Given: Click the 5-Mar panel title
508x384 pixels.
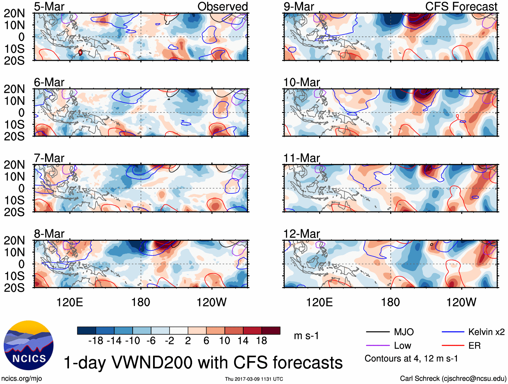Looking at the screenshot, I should click(x=49, y=7).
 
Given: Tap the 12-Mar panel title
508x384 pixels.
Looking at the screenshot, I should click(x=301, y=234).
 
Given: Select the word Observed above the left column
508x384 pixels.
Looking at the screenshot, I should click(x=222, y=7).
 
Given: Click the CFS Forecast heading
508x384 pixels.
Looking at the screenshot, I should click(x=461, y=7).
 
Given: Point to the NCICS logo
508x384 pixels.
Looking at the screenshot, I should click(x=29, y=345).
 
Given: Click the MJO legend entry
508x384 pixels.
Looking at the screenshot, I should click(x=404, y=332).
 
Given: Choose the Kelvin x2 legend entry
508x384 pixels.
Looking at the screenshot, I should click(x=486, y=332).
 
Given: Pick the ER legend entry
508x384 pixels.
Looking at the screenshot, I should click(x=474, y=346).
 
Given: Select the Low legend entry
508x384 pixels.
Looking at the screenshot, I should click(x=403, y=346).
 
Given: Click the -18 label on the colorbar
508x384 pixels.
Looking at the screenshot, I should click(x=96, y=341).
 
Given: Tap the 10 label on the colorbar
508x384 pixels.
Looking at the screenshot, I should click(x=224, y=341).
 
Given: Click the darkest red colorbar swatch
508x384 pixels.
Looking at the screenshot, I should click(x=271, y=331).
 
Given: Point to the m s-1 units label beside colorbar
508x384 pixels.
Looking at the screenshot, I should click(x=306, y=336).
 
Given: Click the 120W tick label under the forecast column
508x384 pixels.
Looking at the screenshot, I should click(x=461, y=302).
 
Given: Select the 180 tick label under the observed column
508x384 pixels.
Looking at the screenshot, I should click(x=141, y=302).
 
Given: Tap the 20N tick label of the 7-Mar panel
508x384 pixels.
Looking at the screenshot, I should click(x=14, y=165).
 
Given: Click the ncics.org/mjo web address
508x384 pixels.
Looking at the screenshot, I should click(x=22, y=379).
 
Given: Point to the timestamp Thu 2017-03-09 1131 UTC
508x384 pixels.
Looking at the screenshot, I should click(x=254, y=379).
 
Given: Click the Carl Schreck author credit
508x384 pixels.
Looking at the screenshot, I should click(x=453, y=379).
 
